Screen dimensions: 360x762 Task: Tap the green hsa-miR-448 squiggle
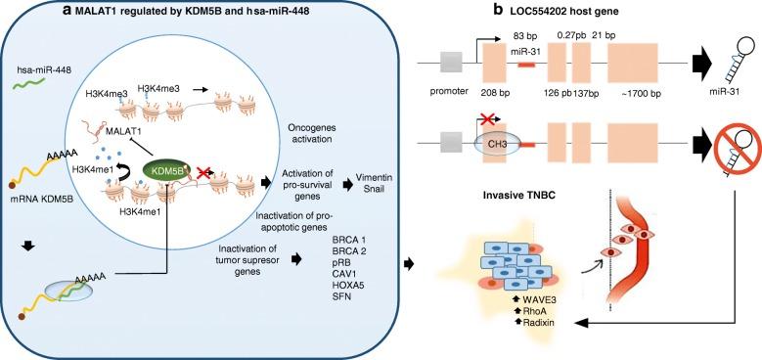coord(36,90)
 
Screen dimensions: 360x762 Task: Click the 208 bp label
coord(496,97)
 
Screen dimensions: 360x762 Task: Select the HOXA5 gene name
coord(337,275)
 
